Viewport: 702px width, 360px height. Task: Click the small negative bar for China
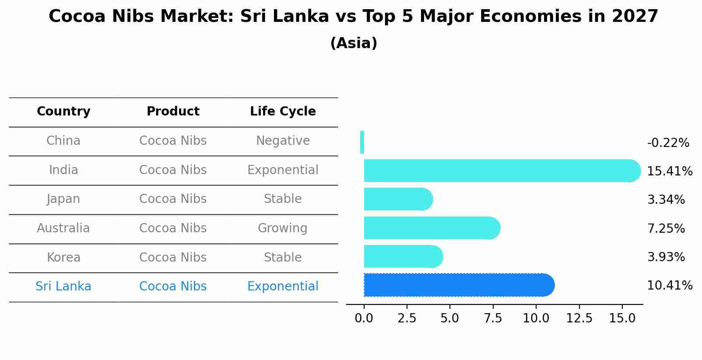[362, 142]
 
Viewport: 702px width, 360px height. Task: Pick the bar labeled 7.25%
[431, 228]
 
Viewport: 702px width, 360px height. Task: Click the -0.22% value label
[668, 143]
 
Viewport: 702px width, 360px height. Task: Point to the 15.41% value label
[669, 171]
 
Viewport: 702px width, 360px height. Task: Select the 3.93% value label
[666, 257]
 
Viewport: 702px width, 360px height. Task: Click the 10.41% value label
[669, 286]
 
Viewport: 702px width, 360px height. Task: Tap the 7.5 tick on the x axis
[493, 318]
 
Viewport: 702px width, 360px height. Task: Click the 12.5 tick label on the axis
[579, 318]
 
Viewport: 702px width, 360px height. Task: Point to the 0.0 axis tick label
[364, 318]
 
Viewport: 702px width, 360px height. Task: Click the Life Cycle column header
[283, 112]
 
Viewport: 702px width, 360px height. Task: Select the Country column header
[63, 112]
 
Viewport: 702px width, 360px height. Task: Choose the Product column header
[173, 112]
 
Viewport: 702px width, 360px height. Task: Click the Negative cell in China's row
[283, 141]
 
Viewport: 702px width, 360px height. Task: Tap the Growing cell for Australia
[282, 228]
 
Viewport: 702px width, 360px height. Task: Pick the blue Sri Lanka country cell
[63, 287]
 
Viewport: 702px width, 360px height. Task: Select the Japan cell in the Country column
[63, 199]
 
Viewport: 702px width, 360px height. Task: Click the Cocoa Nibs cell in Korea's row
[173, 258]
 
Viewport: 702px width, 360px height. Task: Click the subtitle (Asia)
[354, 43]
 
